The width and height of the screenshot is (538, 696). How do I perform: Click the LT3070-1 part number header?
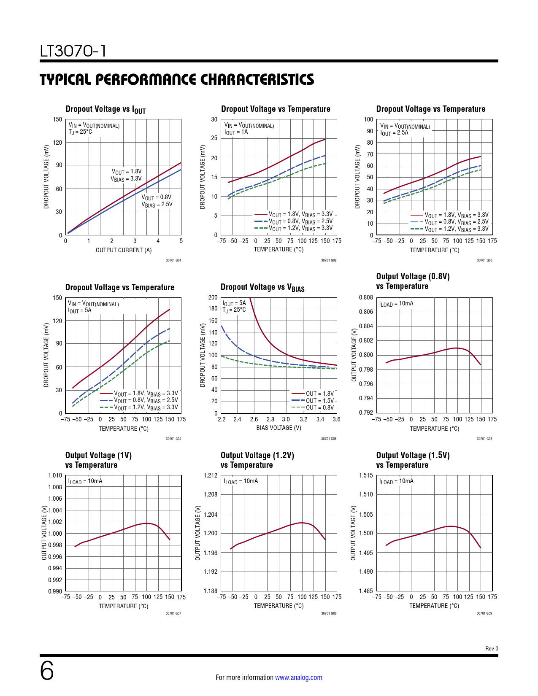click(x=73, y=51)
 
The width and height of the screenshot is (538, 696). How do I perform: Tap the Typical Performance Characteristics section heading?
click(x=177, y=79)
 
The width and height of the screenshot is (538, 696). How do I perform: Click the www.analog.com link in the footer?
click(x=298, y=677)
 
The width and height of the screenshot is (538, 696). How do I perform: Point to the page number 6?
click(x=47, y=671)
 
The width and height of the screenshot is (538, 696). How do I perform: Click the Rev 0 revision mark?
click(x=492, y=649)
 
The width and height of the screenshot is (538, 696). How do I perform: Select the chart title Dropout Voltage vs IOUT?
click(x=105, y=109)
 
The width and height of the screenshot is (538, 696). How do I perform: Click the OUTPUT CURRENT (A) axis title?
click(x=124, y=250)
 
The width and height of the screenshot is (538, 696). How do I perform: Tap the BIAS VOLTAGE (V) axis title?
click(x=279, y=428)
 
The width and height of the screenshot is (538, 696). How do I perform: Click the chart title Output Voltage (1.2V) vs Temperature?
click(x=257, y=460)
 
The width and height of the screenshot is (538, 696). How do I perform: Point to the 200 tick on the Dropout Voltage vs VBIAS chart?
click(x=213, y=297)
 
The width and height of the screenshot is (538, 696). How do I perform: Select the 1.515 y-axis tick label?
click(x=366, y=475)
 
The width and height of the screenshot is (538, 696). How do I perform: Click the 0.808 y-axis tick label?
click(x=366, y=297)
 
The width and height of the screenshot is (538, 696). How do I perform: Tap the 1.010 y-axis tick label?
click(x=55, y=475)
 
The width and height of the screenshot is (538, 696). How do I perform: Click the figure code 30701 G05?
click(x=329, y=439)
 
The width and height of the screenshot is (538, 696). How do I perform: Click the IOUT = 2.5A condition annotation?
click(x=394, y=132)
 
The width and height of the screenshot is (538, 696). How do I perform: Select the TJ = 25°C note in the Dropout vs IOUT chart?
click(x=80, y=132)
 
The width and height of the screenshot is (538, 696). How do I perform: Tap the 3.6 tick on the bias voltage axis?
click(x=336, y=419)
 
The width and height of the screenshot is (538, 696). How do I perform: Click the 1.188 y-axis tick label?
click(x=211, y=591)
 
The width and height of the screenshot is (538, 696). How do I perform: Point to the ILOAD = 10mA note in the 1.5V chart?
click(x=396, y=481)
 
